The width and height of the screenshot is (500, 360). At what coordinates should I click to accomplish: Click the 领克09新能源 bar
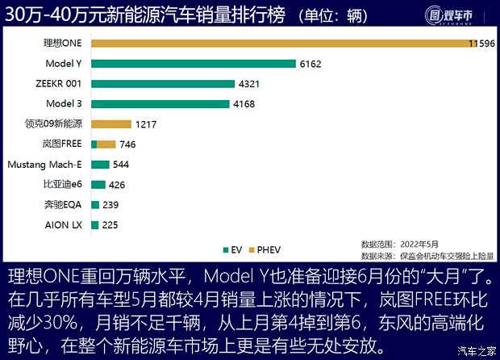click(x=111, y=123)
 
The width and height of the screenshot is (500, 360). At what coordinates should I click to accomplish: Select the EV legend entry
click(x=233, y=249)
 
